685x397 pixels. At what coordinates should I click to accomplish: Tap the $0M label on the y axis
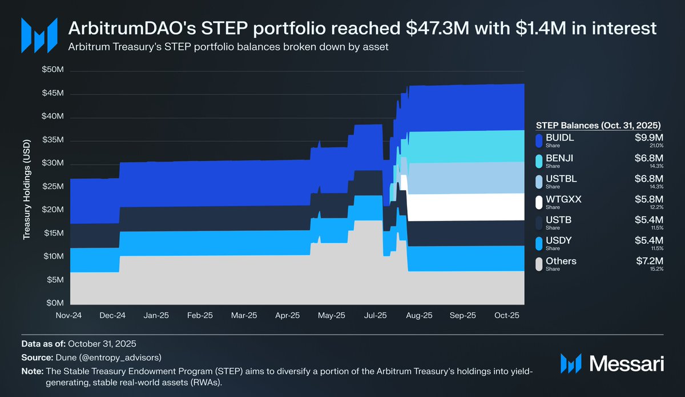point(54,303)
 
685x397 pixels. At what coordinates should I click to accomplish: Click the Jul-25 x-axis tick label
point(375,315)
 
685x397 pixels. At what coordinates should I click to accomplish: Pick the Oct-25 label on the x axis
point(506,315)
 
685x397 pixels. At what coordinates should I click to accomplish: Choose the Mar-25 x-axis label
point(244,315)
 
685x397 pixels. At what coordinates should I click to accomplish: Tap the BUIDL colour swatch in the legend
point(538,141)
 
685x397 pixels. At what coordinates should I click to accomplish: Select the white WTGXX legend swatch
point(538,202)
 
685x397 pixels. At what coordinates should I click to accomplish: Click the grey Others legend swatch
point(538,264)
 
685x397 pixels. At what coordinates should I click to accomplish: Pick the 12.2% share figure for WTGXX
point(656,207)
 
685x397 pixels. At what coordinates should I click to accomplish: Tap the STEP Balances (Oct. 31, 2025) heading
point(598,125)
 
